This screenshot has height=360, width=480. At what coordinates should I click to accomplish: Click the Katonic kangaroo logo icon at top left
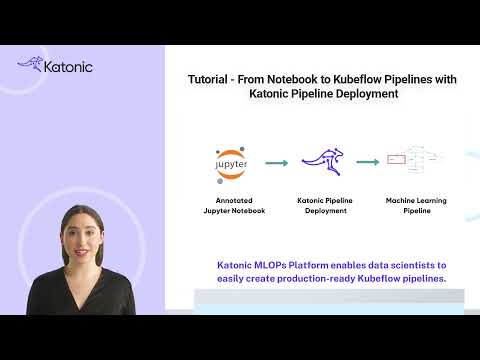click(30, 66)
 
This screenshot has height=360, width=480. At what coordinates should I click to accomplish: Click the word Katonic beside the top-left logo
click(67, 67)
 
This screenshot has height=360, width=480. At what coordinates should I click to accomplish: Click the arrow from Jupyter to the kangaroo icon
click(276, 162)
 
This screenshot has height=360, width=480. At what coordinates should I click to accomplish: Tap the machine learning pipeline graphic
click(420, 160)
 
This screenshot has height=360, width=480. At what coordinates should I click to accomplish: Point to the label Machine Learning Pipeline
click(416, 206)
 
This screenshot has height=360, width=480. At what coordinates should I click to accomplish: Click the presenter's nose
click(81, 236)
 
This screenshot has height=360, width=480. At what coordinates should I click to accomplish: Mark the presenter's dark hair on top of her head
click(80, 211)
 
